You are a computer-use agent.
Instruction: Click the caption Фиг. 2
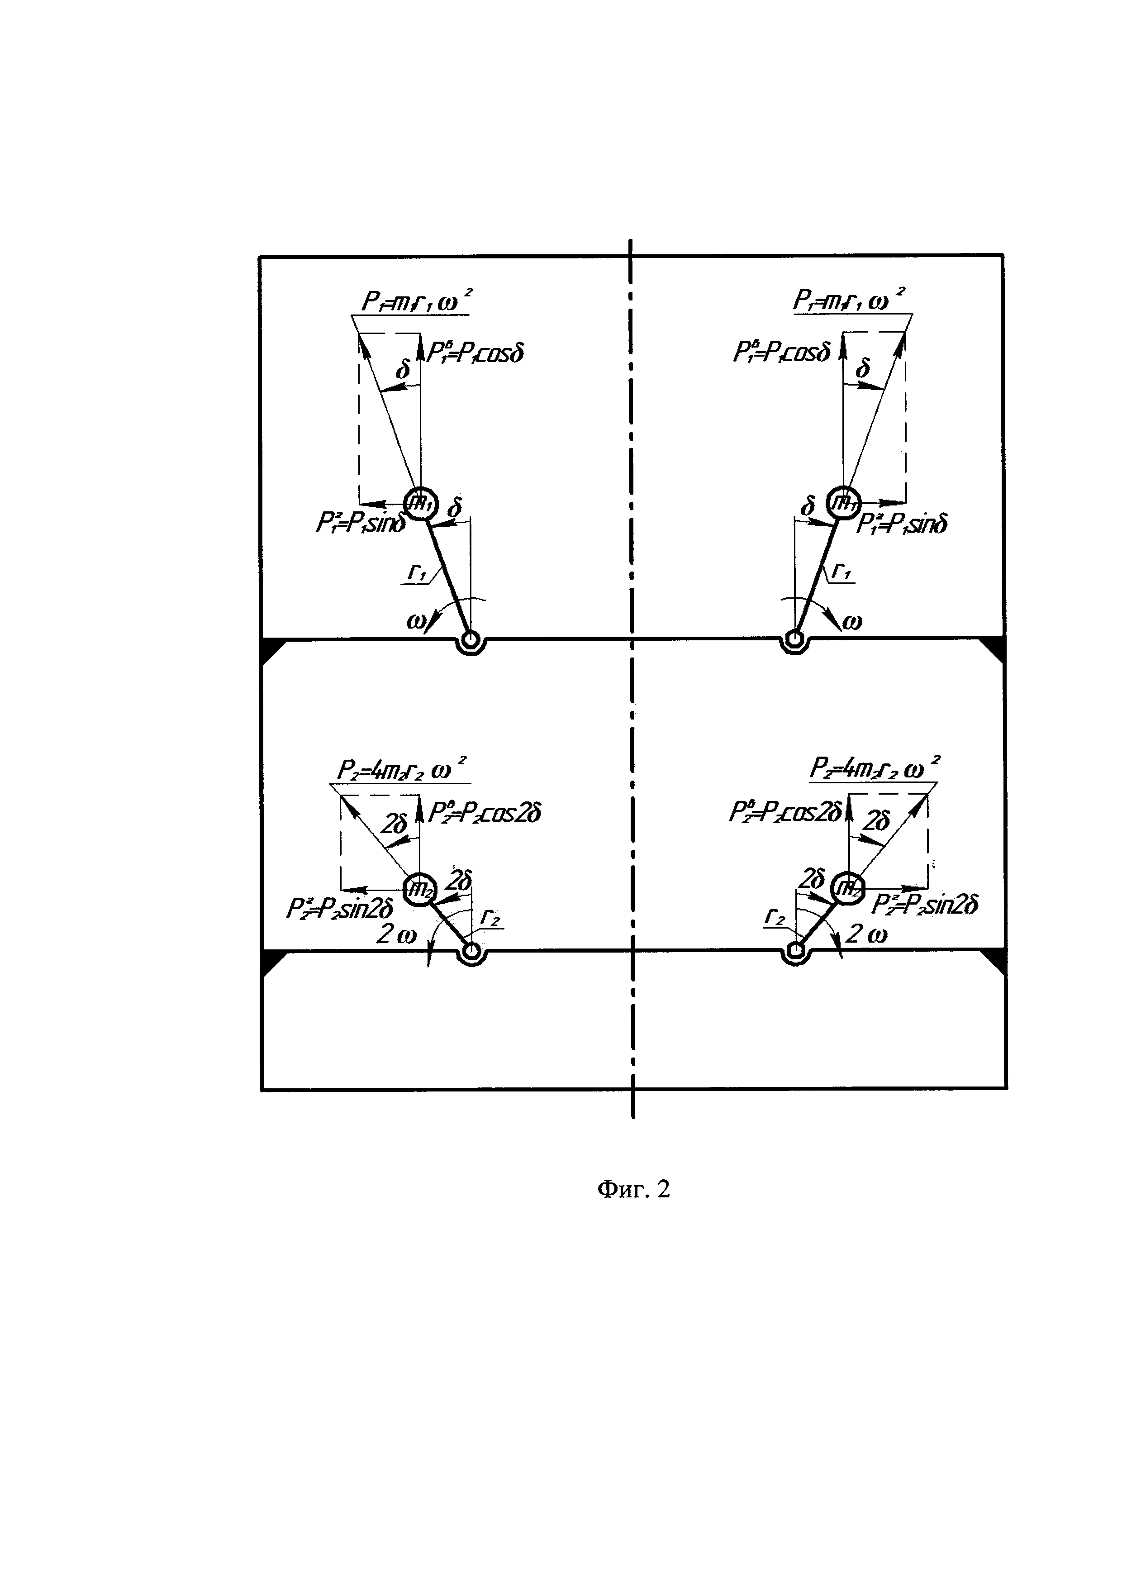pyautogui.click(x=633, y=1189)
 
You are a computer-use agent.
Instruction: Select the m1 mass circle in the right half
pyautogui.click(x=843, y=502)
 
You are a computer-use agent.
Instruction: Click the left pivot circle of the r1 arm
pyautogui.click(x=471, y=640)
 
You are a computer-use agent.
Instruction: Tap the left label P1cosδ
pyautogui.click(x=475, y=353)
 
